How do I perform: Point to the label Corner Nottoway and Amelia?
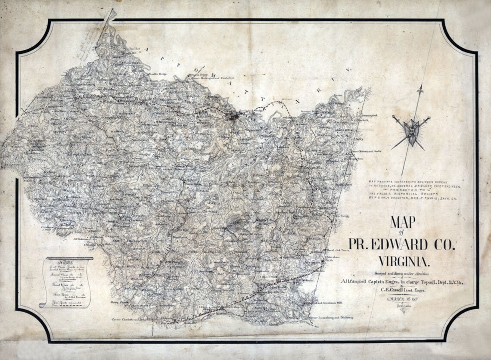click(366, 152)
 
